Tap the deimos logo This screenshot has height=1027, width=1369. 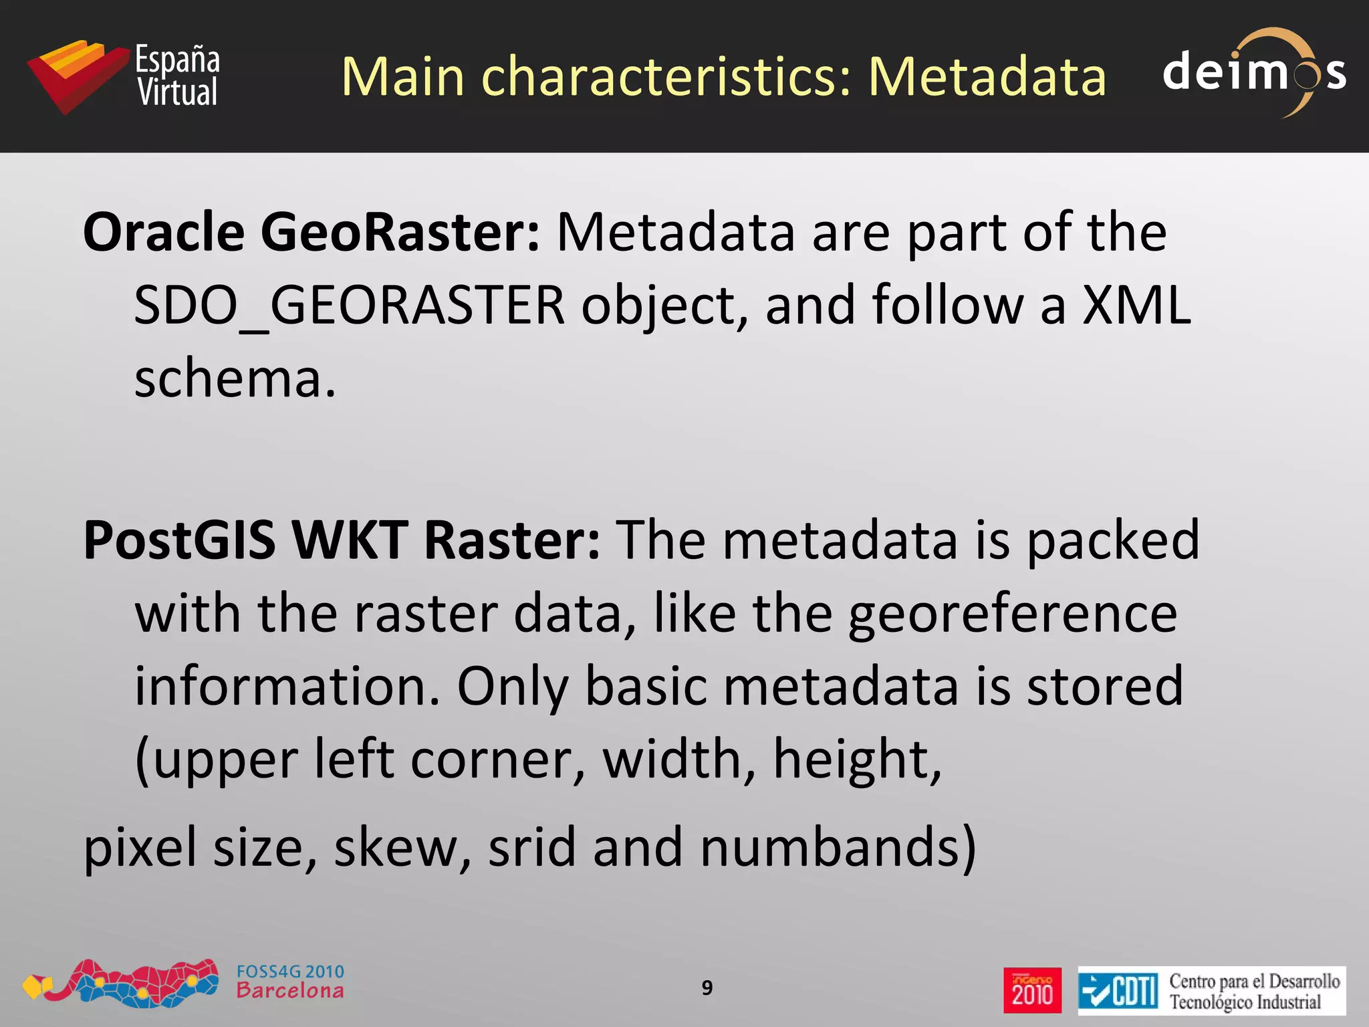[x=1254, y=72]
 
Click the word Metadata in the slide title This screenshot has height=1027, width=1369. [x=987, y=77]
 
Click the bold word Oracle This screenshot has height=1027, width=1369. [x=164, y=232]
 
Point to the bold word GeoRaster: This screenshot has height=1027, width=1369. [x=400, y=232]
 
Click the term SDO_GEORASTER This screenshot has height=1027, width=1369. [x=350, y=306]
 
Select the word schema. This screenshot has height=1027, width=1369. [x=234, y=379]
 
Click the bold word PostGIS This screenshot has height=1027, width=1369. [x=179, y=540]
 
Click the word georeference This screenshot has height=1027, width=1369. [x=1013, y=614]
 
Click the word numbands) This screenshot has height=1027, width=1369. [x=838, y=847]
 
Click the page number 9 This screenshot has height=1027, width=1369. [x=707, y=988]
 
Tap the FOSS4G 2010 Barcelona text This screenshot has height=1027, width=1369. [x=290, y=982]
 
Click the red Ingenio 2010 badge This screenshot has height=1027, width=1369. [x=1032, y=990]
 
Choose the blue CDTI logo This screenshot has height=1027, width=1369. [x=1118, y=990]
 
